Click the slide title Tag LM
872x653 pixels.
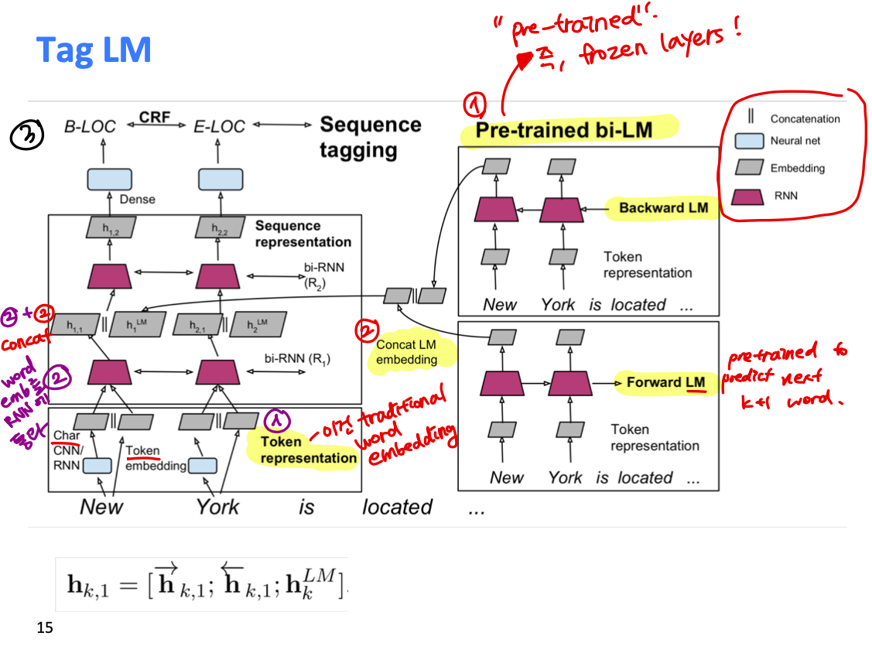click(x=94, y=50)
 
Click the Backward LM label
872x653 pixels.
click(x=662, y=208)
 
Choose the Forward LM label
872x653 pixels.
click(x=665, y=382)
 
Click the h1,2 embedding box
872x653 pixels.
click(x=110, y=227)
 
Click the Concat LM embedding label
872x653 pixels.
click(x=406, y=352)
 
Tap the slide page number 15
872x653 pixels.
click(x=45, y=627)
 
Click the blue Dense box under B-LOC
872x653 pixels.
click(x=108, y=179)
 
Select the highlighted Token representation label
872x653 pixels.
click(x=302, y=450)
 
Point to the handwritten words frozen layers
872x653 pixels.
click(x=646, y=50)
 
